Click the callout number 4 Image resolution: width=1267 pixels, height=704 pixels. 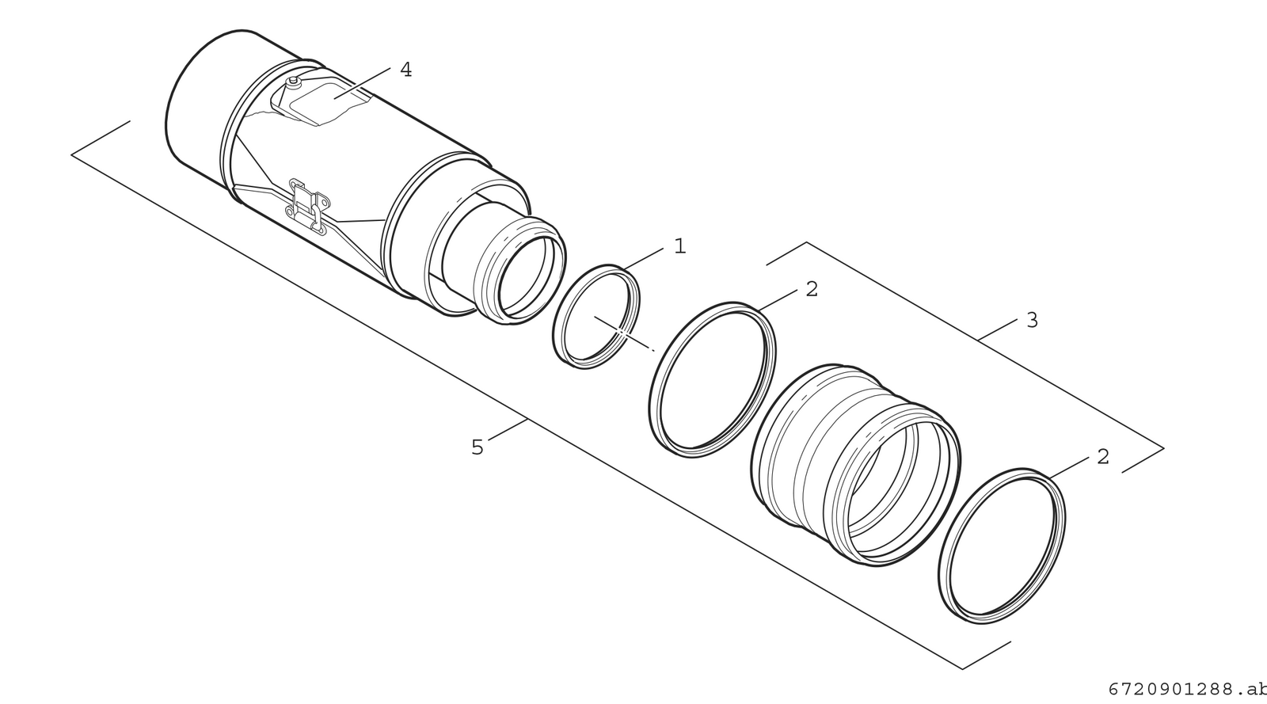tap(405, 70)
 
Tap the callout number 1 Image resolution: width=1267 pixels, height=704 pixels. tap(680, 246)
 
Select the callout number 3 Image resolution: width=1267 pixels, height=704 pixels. tap(1033, 321)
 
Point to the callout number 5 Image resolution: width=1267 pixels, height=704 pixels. tap(478, 447)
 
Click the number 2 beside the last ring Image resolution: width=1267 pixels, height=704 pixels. tap(1103, 456)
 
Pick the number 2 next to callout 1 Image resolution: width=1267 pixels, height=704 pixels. tap(812, 289)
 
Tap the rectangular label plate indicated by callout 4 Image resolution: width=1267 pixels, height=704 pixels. tap(328, 103)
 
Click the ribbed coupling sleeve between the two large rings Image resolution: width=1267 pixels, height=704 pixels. tap(854, 464)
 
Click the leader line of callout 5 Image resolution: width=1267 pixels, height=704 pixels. tap(508, 429)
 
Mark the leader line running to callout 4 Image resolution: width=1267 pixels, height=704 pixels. tap(362, 83)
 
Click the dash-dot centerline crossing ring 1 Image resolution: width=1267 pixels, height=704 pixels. tap(624, 334)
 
